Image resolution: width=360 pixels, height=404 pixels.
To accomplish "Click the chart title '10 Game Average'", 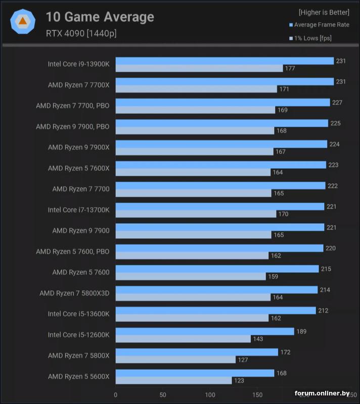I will tap(100, 17).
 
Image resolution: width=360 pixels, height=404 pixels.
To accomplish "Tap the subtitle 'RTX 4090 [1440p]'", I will tap(81, 34).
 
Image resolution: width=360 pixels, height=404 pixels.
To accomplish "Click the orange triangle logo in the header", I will tap(23, 21).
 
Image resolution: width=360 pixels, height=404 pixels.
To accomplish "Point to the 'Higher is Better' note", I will tap(324, 12).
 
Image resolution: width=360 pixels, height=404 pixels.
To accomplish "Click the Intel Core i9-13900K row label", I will tap(78, 64).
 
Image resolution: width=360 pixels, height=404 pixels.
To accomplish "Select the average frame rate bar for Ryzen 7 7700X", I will tap(224, 81).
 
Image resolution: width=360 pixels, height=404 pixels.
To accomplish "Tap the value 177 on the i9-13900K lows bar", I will tap(290, 69).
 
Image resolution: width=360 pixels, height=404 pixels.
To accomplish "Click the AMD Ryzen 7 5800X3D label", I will tap(74, 293).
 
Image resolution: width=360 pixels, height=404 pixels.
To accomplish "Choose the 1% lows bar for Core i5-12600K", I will tap(183, 339).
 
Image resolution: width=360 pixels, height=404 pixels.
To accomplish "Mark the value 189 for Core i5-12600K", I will tap(301, 331).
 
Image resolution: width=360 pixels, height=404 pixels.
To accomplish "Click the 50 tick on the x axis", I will tap(163, 394).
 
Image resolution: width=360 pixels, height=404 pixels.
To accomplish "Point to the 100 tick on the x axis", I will tap(210, 394).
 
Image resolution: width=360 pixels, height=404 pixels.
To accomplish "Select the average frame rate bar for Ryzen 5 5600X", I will tap(195, 373).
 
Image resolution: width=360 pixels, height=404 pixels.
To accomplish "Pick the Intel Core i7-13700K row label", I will tap(78, 210).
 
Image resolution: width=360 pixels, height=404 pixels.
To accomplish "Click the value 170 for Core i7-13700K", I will tap(283, 214).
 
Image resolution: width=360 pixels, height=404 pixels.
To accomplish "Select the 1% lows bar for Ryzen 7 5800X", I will tap(175, 360).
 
